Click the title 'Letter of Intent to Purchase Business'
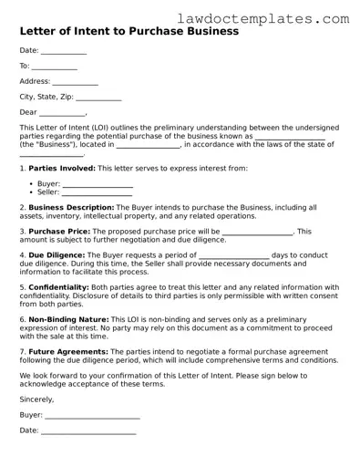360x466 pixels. tap(129, 31)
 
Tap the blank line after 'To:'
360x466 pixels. tap(55, 67)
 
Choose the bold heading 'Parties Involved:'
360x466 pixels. tap(62, 169)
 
